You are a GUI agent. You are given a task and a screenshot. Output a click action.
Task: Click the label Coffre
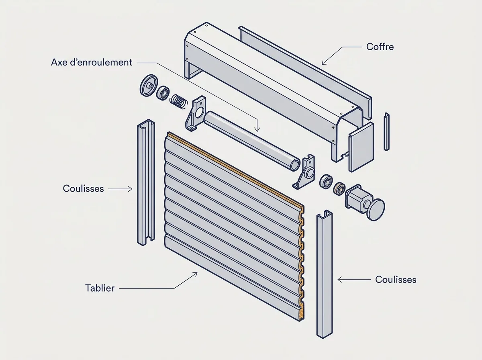coord(380,47)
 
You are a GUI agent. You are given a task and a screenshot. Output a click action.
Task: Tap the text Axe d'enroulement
coord(92,62)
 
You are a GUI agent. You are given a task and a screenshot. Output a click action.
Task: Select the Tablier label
coord(100,288)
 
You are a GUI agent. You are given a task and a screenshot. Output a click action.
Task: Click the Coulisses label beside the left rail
coord(83,188)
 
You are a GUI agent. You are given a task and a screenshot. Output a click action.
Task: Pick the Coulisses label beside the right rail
coord(396,280)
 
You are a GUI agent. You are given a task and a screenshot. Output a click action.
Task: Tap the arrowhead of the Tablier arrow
coord(196,274)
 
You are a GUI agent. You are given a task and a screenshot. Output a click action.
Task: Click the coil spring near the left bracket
coord(179,102)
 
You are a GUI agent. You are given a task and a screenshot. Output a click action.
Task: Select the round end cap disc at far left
coord(149,86)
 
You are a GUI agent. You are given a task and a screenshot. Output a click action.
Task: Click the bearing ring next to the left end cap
coord(163,93)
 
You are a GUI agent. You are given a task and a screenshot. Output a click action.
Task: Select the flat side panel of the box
coord(361,147)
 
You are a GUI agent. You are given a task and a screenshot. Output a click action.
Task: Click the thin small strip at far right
coord(387,131)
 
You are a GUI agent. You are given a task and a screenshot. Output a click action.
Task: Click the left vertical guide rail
coord(146,182)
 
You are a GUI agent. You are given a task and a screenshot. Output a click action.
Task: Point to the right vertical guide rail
coord(324,274)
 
